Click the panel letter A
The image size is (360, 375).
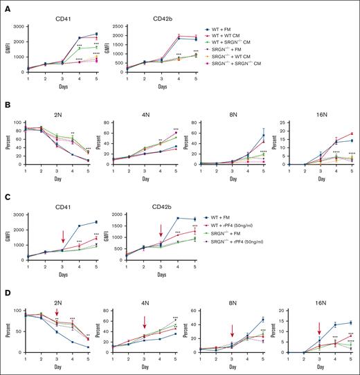[5, 5]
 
